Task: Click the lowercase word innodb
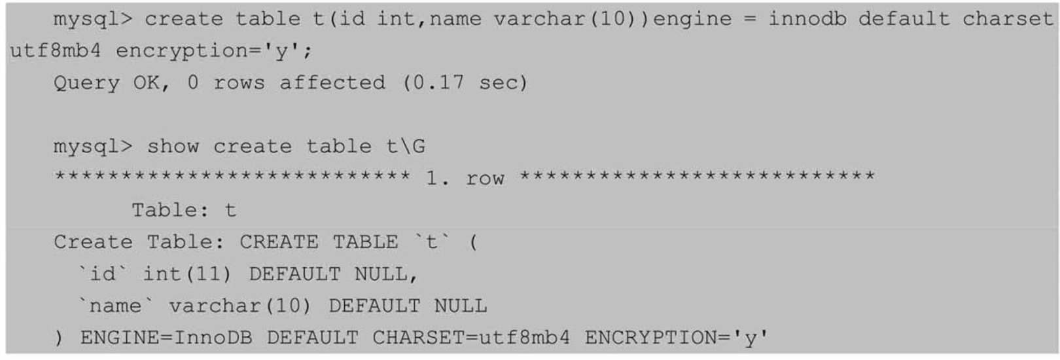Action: click(807, 19)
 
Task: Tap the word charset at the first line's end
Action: click(1008, 20)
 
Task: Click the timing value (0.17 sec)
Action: click(465, 83)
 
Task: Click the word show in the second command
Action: click(173, 147)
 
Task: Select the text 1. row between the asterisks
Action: click(465, 179)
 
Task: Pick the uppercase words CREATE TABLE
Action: click(319, 242)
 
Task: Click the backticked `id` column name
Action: click(103, 274)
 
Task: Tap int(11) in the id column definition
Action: click(187, 274)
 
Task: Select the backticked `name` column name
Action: click(116, 306)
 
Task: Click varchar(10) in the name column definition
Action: click(240, 306)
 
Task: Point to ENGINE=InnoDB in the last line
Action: click(166, 338)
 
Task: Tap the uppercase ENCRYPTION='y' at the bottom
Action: click(677, 338)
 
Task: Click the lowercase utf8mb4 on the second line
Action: click(56, 50)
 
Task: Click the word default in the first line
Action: click(904, 19)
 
